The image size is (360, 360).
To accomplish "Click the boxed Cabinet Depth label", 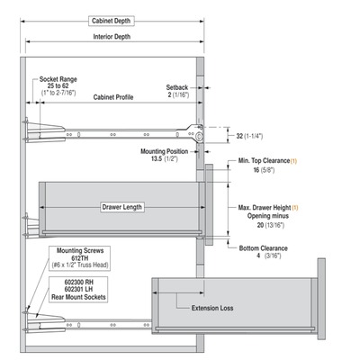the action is pos(112,21).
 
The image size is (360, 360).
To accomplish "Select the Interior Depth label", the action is pos(112,37).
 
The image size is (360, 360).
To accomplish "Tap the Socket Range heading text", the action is pos(58,79).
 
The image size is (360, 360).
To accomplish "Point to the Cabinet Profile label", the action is pos(113,97).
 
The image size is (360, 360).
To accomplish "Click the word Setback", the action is pos(177,87).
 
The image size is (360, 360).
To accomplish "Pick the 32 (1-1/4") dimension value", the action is pos(249,136).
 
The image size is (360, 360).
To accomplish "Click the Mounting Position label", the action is pos(165,151).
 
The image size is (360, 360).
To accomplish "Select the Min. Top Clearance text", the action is pos(264,161).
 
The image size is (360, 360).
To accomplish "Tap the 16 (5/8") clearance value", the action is pos(264,170).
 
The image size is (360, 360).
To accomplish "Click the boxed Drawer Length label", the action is pos(121,207).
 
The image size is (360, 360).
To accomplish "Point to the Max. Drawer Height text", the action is pos(265,208).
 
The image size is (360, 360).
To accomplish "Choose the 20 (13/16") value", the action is pos(270,225).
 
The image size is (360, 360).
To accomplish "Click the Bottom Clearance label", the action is pos(264,248).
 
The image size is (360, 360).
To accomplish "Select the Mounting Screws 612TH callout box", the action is pos(79,258).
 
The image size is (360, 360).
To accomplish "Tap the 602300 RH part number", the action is pos(79,282).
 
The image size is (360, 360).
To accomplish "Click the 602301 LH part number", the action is pos(78,289).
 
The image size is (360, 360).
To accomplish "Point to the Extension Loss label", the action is pos(212,308).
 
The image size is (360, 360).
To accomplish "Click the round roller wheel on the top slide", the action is pos(199,137).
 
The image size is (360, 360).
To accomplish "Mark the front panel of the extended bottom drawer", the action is pos(321,299).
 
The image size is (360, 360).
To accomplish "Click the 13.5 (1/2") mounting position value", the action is pos(164,158).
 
